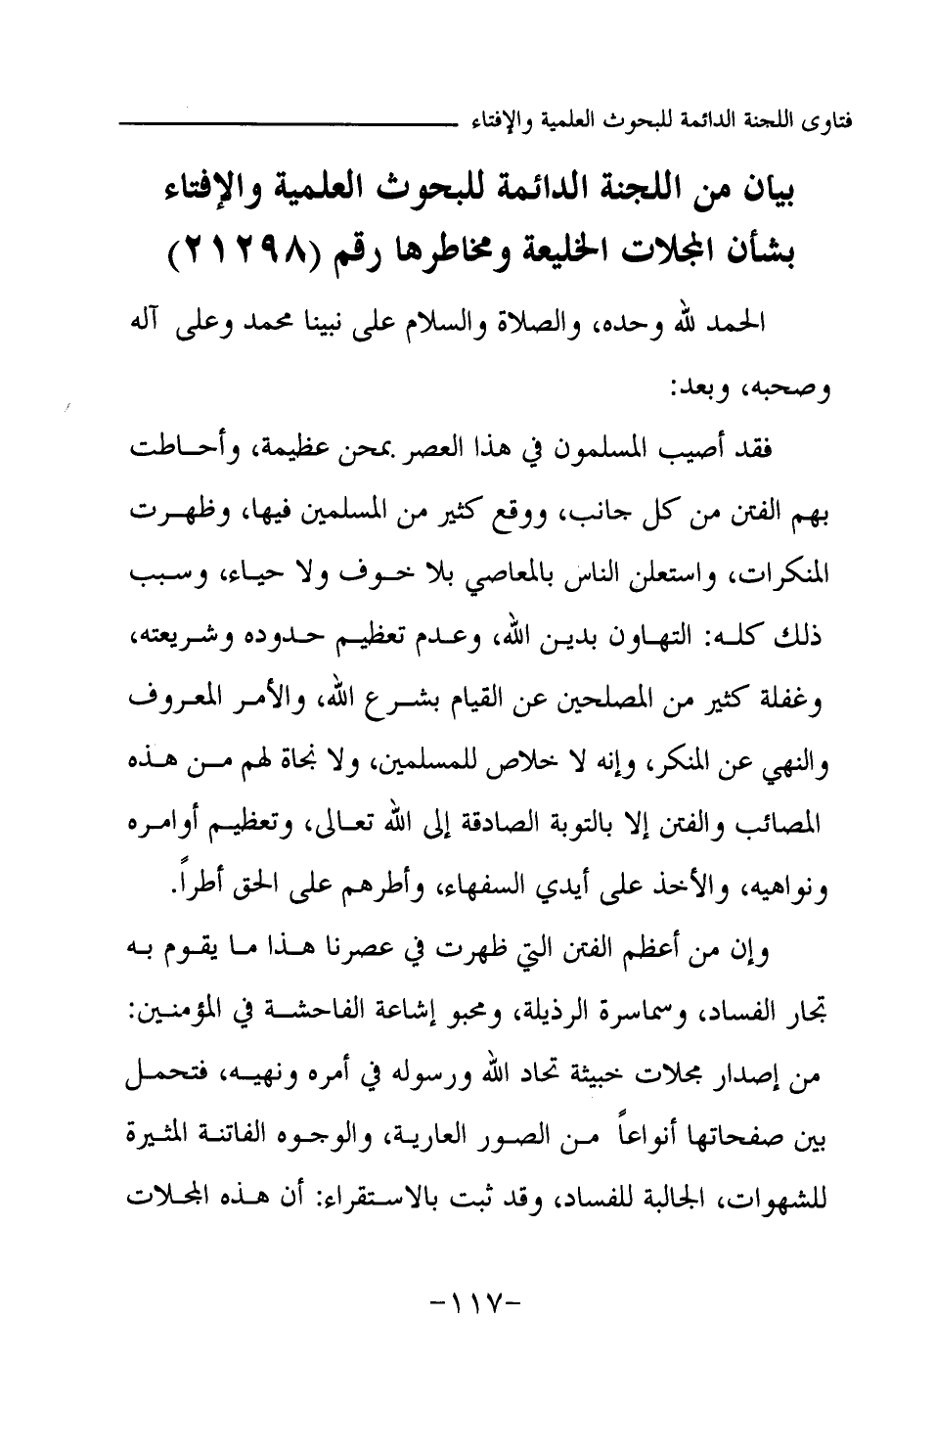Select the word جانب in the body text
(597, 513)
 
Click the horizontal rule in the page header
(294, 124)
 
